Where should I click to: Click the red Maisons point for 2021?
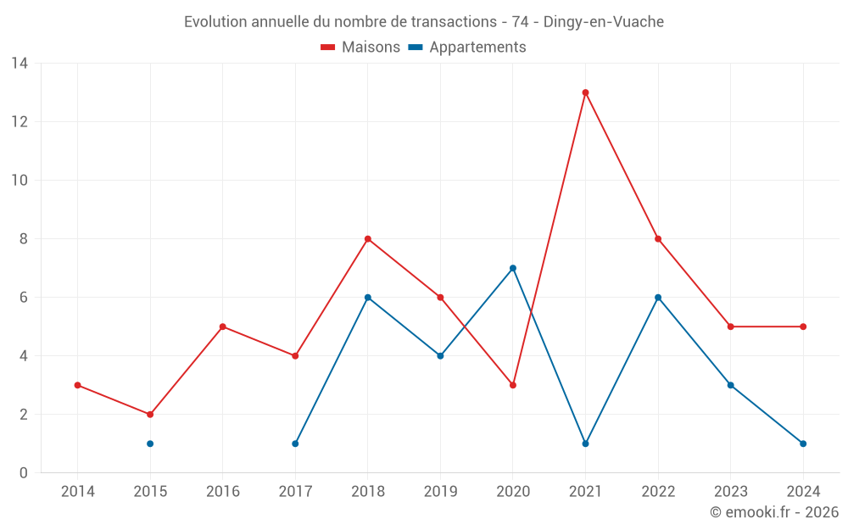(585, 92)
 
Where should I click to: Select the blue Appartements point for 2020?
(513, 268)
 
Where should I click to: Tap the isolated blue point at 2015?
(150, 444)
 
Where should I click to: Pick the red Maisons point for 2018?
(368, 239)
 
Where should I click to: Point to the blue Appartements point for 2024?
(803, 444)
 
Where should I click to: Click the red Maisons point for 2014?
(77, 385)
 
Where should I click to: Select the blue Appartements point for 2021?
(585, 444)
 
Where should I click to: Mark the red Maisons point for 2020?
(513, 385)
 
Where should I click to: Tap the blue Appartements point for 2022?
(658, 298)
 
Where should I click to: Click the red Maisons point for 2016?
(222, 326)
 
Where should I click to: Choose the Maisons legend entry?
(360, 47)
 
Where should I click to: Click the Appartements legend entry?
(467, 47)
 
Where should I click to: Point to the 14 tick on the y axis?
(20, 64)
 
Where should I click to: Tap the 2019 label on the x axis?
(440, 492)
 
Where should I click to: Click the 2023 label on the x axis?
(730, 492)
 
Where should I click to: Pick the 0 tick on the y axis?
(24, 473)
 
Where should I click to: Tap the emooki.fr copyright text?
(774, 512)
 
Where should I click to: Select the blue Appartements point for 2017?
(295, 444)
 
